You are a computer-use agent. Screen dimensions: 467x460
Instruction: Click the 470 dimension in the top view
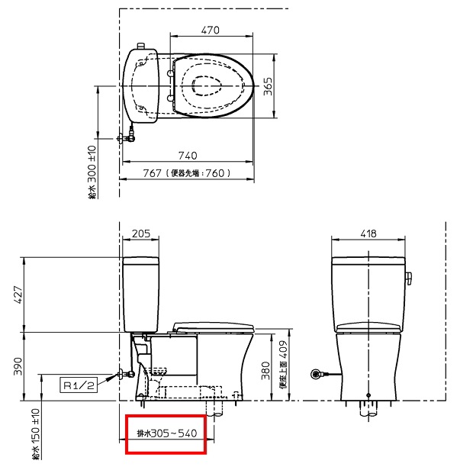211,30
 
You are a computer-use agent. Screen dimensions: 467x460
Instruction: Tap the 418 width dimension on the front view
367,234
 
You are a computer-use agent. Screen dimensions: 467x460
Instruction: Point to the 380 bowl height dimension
264,369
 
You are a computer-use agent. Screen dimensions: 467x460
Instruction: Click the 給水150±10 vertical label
36,435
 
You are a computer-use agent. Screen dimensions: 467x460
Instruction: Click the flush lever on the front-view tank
408,276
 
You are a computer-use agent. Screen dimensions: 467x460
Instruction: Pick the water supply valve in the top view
128,138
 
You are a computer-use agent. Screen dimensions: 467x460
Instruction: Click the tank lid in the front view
367,260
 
